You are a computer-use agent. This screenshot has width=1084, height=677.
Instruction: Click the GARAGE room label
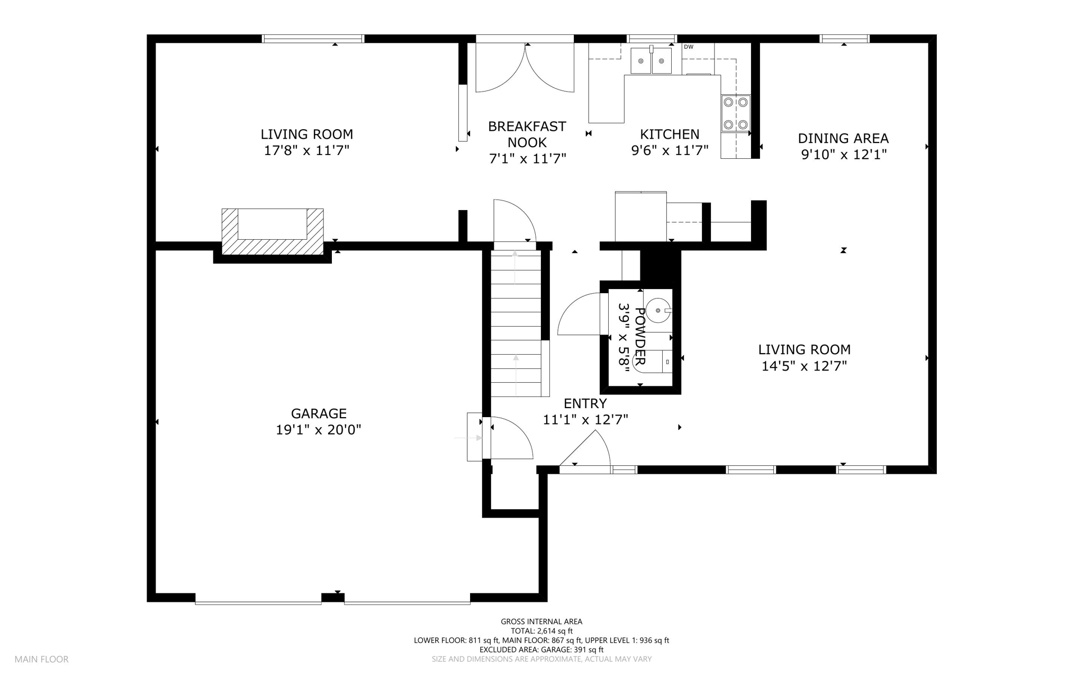(x=319, y=413)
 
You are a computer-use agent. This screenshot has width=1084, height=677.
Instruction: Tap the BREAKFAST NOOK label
(x=527, y=134)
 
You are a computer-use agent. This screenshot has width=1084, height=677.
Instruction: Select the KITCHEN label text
(x=670, y=134)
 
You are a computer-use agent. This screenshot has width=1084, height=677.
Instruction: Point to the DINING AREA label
(x=843, y=139)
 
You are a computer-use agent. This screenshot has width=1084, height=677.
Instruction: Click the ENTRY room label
(x=585, y=404)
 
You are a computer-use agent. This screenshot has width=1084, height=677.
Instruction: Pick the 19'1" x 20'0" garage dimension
(x=319, y=430)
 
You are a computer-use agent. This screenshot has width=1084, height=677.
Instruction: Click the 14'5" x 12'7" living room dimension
(x=804, y=366)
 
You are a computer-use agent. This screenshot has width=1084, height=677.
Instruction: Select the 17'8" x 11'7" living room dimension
(x=307, y=151)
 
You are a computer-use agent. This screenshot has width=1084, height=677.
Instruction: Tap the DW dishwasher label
(x=689, y=47)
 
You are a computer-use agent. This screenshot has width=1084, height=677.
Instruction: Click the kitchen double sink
(x=651, y=60)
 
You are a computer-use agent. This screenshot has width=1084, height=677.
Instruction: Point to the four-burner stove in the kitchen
(x=736, y=113)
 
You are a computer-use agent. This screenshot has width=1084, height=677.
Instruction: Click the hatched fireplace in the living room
(x=273, y=231)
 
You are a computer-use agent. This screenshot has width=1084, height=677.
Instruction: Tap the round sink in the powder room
(x=658, y=311)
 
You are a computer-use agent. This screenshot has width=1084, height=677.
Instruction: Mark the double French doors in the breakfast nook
(x=525, y=67)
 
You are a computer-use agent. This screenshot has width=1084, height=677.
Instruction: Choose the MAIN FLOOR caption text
(x=41, y=660)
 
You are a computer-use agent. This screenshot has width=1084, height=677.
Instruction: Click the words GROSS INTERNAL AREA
(x=541, y=622)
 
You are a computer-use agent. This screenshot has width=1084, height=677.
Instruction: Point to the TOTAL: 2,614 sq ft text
(x=541, y=631)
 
